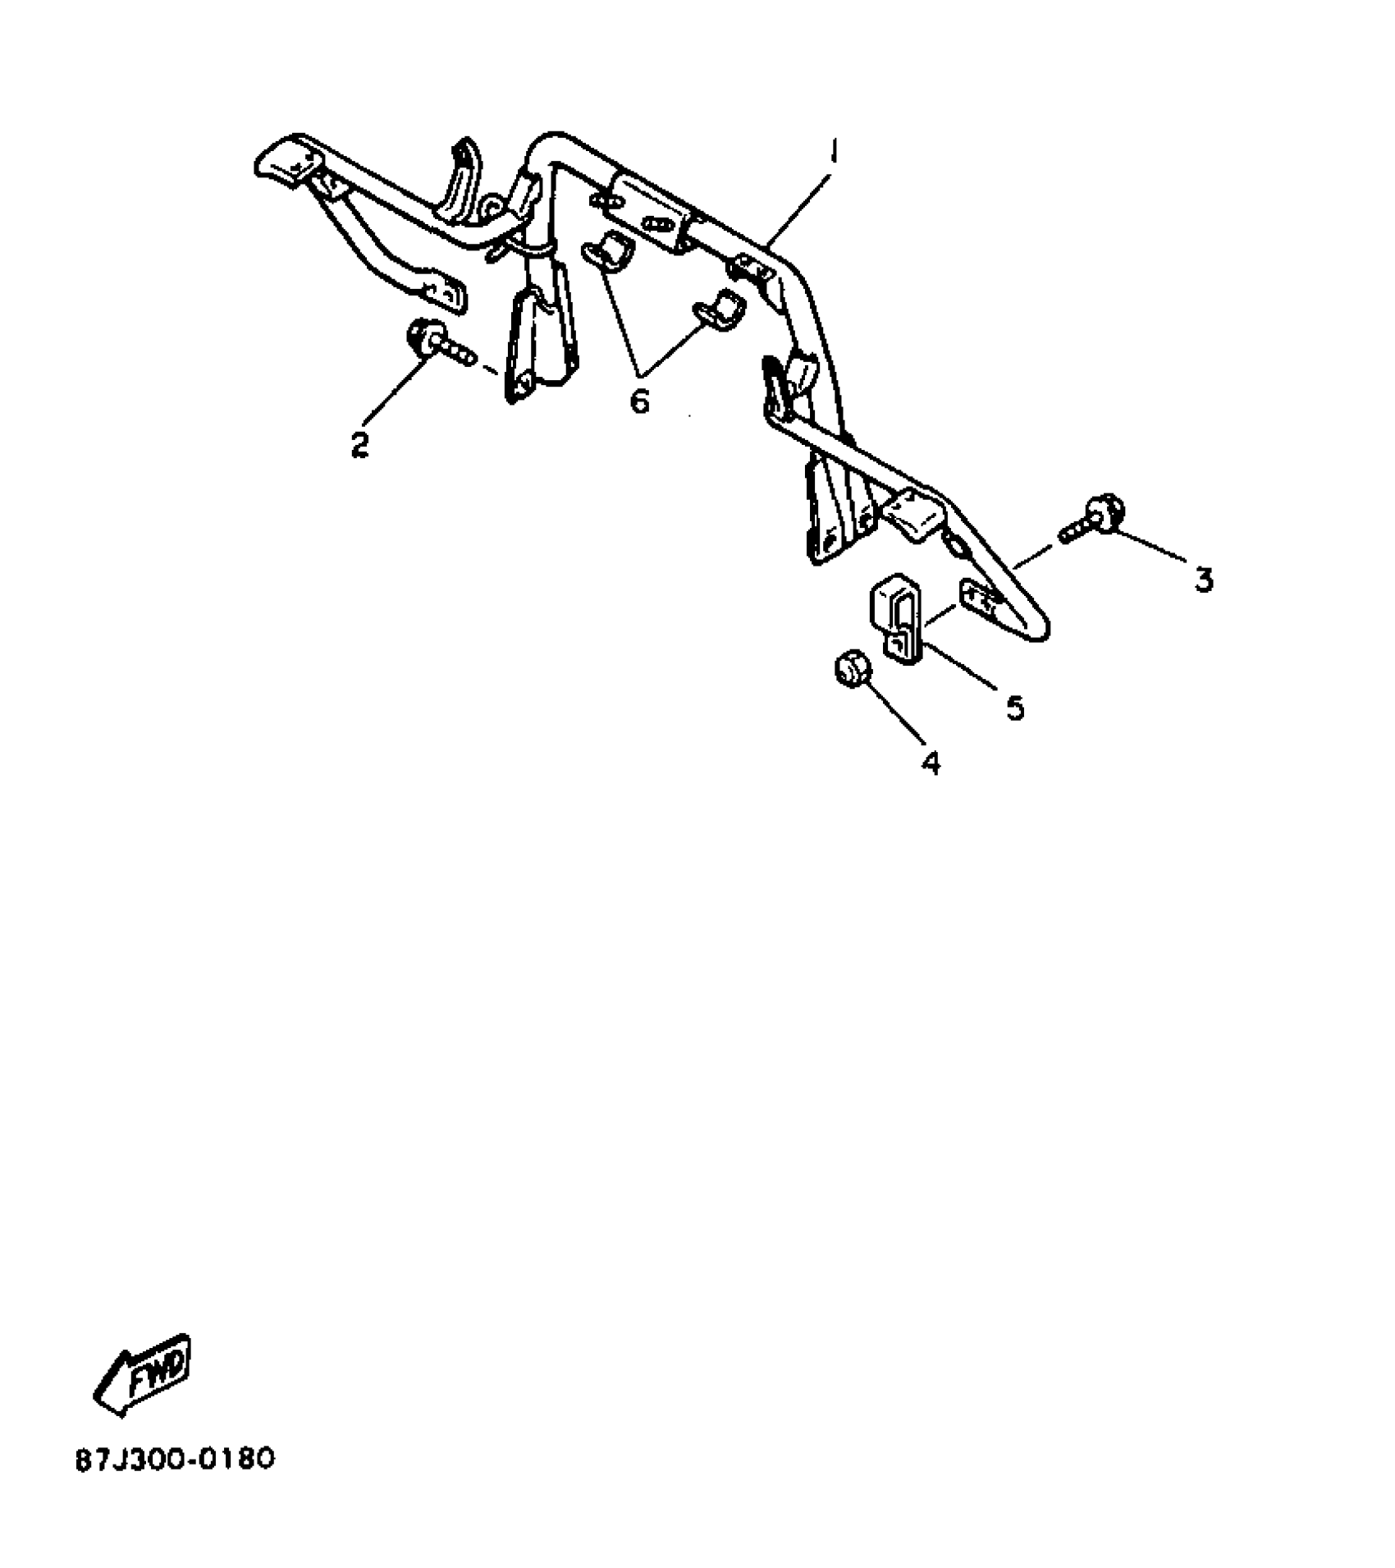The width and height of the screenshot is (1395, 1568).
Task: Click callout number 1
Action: (x=833, y=153)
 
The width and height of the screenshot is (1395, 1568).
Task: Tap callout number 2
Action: (x=359, y=444)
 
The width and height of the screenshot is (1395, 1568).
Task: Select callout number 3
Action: (x=1203, y=580)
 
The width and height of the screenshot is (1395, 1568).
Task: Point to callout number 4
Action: (x=930, y=763)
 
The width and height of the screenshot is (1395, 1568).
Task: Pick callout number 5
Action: (x=1016, y=708)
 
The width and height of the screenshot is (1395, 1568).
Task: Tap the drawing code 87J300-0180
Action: (x=175, y=1459)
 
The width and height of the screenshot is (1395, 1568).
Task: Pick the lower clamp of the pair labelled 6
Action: (x=720, y=312)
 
